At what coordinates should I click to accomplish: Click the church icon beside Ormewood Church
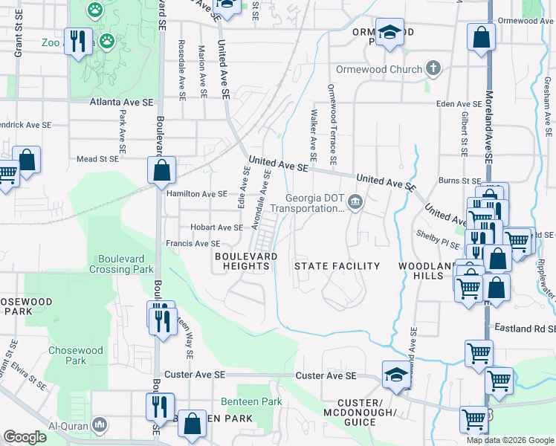coord(433,69)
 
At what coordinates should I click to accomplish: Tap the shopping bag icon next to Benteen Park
coord(193,424)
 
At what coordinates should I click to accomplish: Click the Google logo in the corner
coord(25,437)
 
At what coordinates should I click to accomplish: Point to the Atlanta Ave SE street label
coord(121,103)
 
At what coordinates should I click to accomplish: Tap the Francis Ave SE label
coord(193,243)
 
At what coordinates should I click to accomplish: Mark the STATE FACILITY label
coord(337,266)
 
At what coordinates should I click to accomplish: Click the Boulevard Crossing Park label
coord(126,264)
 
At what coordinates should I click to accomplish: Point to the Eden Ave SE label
coord(459,104)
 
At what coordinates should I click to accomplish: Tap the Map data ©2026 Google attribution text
coord(510,440)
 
